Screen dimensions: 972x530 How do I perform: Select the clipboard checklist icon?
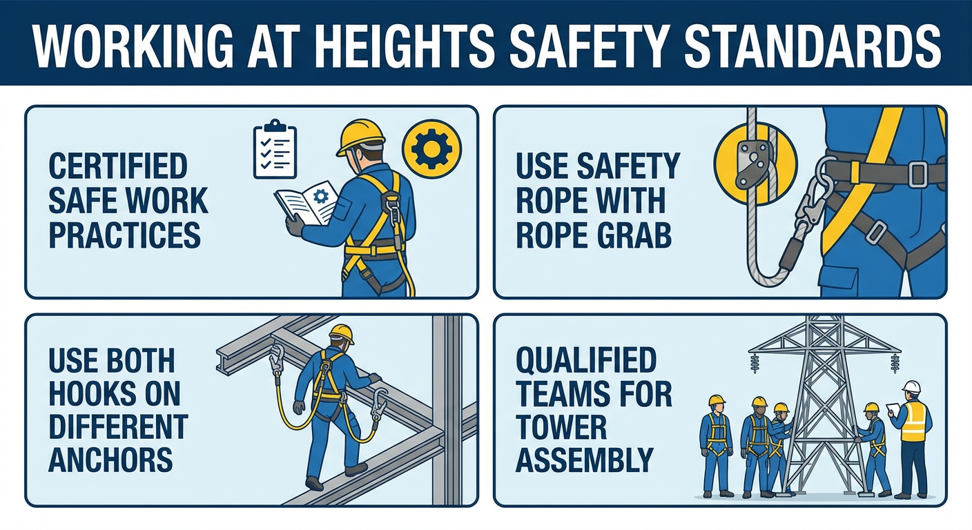click(275, 149)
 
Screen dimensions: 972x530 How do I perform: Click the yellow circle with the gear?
click(431, 148)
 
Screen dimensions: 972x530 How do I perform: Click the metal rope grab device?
click(753, 165)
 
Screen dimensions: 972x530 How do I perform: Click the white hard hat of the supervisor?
click(911, 387)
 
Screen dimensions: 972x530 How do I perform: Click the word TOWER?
click(561, 427)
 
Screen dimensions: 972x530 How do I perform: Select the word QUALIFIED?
click(586, 360)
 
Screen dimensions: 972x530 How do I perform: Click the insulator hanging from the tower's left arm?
click(755, 363)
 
